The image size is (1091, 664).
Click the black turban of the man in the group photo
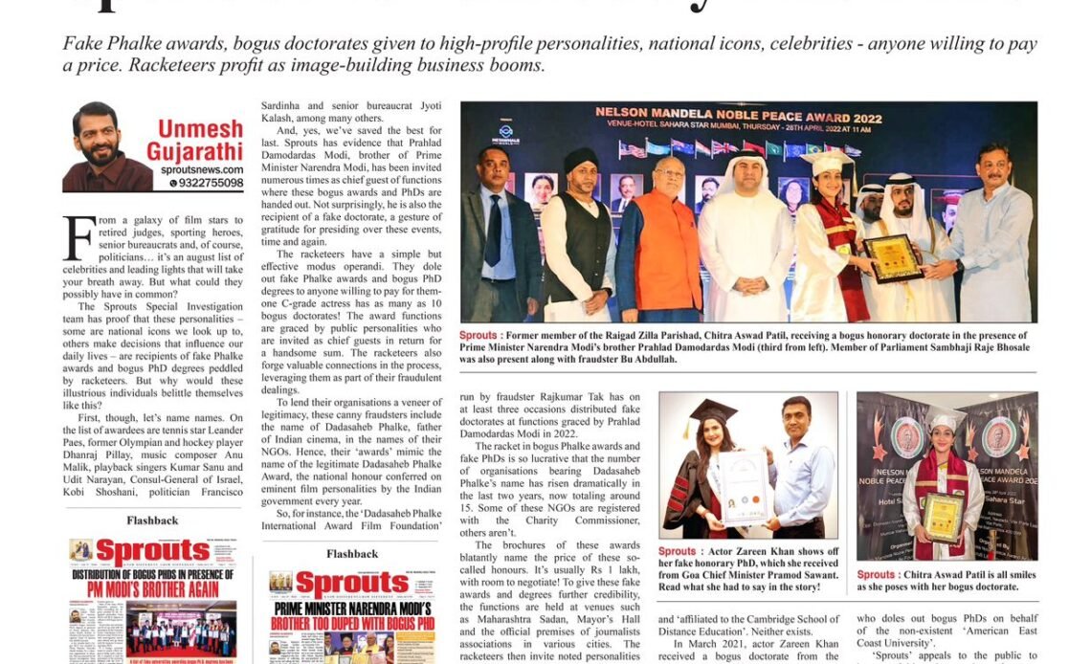click(581, 159)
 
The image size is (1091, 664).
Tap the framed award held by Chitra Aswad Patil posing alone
click(944, 517)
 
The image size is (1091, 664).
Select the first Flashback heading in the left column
click(152, 520)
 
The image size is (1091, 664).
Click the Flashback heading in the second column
click(351, 554)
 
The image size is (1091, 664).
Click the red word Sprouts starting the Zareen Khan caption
click(677, 552)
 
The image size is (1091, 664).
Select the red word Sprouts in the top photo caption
click(479, 335)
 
